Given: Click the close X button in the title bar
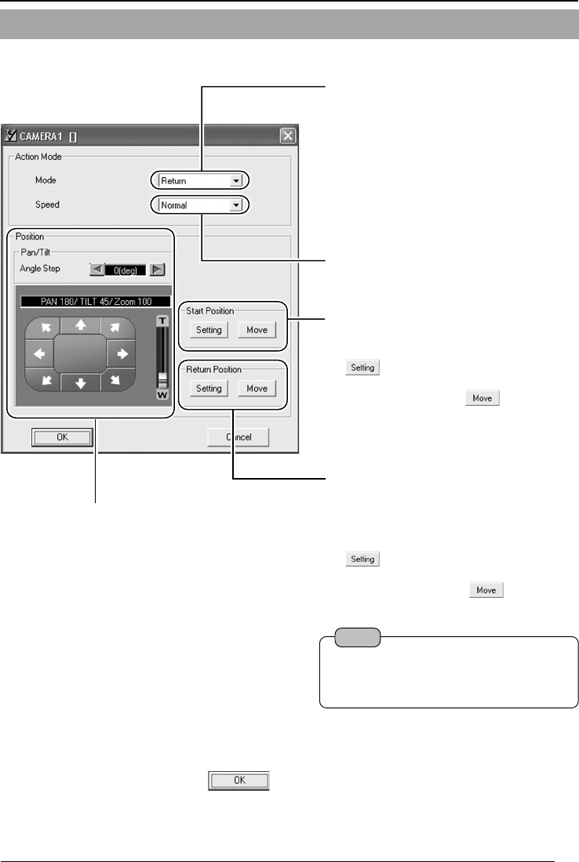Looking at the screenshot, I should [x=288, y=136].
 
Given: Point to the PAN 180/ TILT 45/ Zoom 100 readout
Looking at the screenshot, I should [x=95, y=301].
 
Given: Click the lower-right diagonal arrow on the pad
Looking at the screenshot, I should [x=116, y=382].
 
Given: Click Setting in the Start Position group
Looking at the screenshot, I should [x=209, y=330].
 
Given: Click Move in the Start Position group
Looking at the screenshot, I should [x=257, y=330].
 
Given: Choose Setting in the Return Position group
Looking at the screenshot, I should [x=209, y=388].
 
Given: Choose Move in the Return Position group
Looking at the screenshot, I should [x=257, y=388].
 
